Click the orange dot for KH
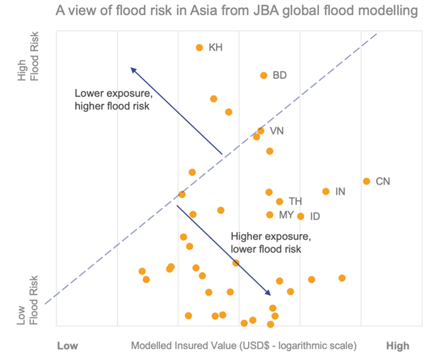click(199, 47)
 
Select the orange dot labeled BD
click(264, 75)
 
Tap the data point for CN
click(366, 181)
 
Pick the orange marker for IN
click(325, 191)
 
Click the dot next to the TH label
click(280, 201)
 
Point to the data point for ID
click(300, 216)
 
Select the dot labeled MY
click(270, 214)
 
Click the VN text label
click(277, 130)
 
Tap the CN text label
click(383, 181)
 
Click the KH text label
click(215, 47)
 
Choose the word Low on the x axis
click(68, 346)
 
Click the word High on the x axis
click(398, 346)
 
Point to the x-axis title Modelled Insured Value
click(243, 346)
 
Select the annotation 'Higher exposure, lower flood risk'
click(265, 242)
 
